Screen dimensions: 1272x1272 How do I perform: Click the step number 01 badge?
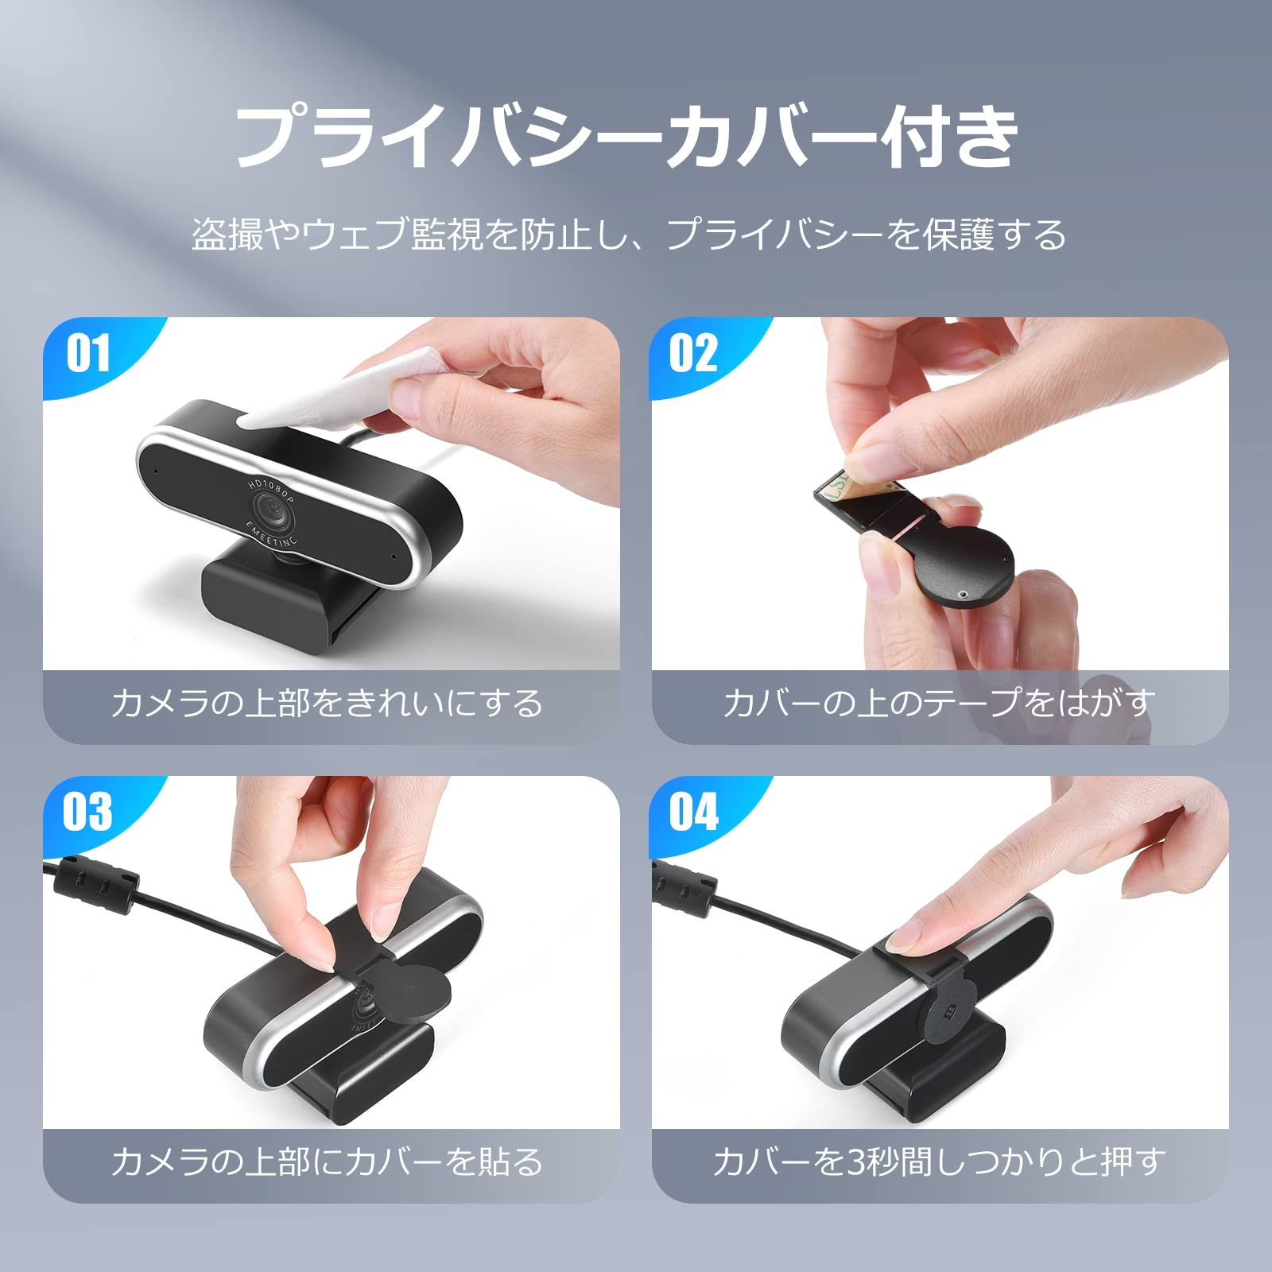point(87,353)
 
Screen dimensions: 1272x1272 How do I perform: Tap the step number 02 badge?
point(693,353)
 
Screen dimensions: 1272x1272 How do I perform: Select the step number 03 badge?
point(87,812)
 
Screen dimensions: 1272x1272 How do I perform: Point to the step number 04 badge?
point(693,812)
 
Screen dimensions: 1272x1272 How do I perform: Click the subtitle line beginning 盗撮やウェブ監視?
point(629,235)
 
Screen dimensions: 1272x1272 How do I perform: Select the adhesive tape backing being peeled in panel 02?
point(836,487)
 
